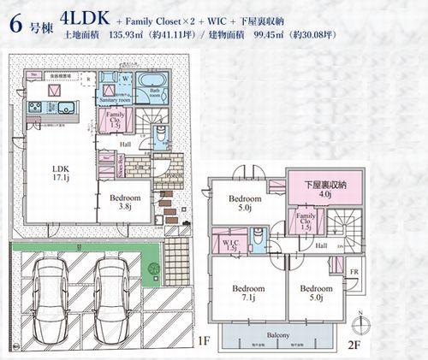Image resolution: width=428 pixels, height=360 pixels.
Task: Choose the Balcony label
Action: (x=275, y=335)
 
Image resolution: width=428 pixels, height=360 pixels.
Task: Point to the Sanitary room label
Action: (x=113, y=100)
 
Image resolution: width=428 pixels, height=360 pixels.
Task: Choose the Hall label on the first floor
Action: (x=125, y=145)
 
